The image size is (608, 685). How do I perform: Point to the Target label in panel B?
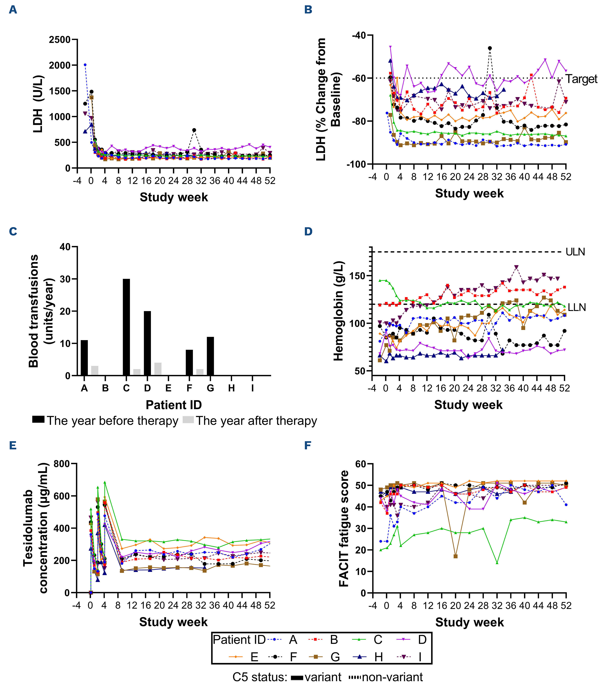tap(581, 79)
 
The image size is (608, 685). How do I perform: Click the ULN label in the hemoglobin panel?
tap(575, 252)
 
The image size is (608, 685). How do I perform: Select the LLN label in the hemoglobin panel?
tap(577, 307)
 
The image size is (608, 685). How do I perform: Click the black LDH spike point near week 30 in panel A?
tap(194, 130)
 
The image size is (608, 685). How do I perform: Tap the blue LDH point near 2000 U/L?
tap(85, 65)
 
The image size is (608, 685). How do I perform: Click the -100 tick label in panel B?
tap(357, 164)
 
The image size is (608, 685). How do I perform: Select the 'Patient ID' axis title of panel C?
tap(174, 405)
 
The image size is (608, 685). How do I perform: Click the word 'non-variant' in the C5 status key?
tap(392, 677)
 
